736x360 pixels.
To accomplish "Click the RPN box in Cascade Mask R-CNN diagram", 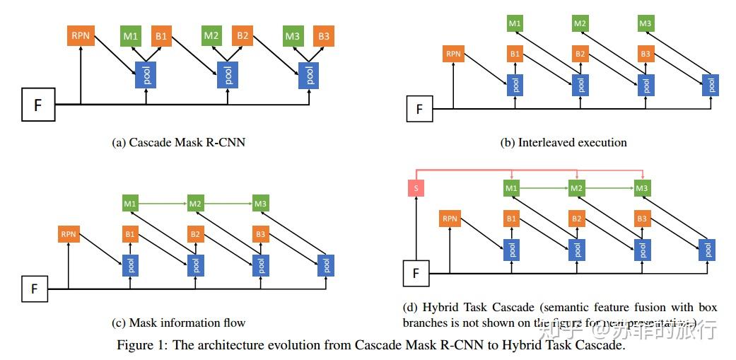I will tap(81, 35).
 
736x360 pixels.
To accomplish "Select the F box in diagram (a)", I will tap(37, 105).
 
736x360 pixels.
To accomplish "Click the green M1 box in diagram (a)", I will tap(132, 35).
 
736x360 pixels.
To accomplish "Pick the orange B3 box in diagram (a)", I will tap(324, 35).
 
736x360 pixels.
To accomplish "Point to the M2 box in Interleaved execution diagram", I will tap(580, 23).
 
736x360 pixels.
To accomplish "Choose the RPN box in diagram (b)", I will tap(452, 54).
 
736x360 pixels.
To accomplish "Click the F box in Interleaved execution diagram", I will tap(419, 110).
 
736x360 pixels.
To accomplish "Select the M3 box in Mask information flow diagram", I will tap(260, 204).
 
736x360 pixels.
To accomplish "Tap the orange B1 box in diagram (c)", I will tap(130, 234).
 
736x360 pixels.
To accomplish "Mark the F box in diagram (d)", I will tap(416, 273).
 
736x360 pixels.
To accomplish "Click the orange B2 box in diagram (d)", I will tap(578, 219).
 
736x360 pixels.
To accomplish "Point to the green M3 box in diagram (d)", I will tap(641, 188).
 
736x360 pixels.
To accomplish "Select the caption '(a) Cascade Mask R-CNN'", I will tap(178, 142).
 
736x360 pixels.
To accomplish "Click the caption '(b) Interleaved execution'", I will tap(563, 142).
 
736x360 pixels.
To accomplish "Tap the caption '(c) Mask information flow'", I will tap(178, 323).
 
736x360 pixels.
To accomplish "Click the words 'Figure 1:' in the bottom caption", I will tap(139, 347).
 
